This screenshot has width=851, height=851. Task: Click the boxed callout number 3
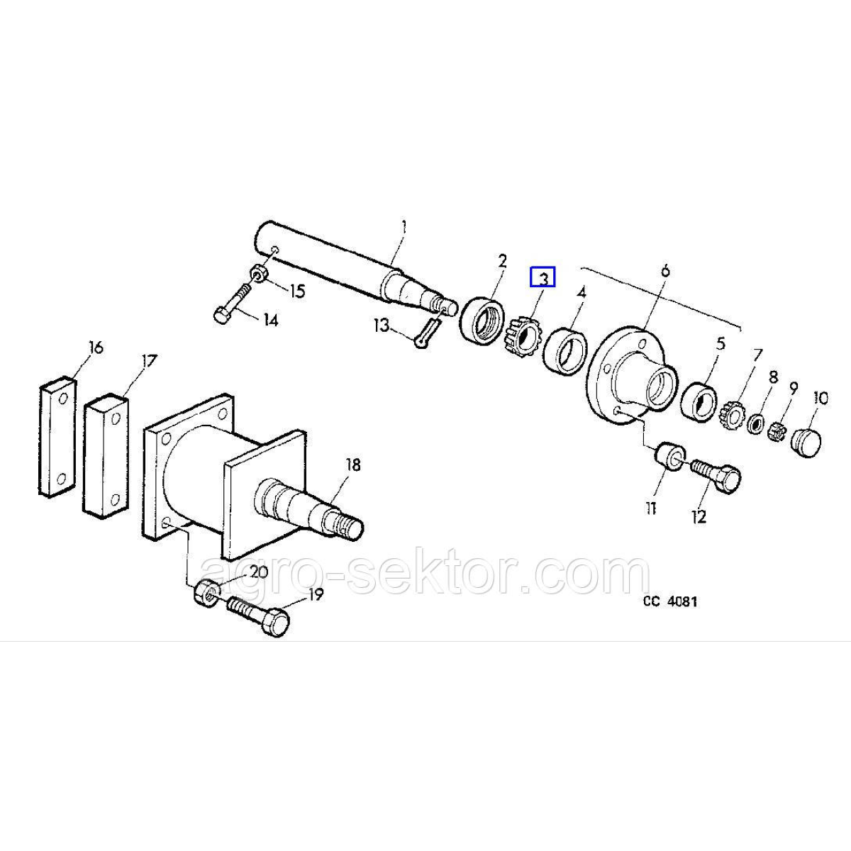click(x=544, y=277)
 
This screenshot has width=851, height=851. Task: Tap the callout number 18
click(x=352, y=465)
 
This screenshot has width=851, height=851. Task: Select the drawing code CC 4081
click(x=670, y=601)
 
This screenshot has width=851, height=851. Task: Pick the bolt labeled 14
click(x=230, y=303)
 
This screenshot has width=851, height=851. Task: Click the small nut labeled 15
click(x=257, y=273)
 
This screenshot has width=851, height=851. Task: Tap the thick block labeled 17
click(x=106, y=454)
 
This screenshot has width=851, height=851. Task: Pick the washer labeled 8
click(x=757, y=424)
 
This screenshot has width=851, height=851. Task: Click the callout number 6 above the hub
click(x=665, y=270)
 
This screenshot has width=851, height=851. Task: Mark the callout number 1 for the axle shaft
click(x=404, y=228)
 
